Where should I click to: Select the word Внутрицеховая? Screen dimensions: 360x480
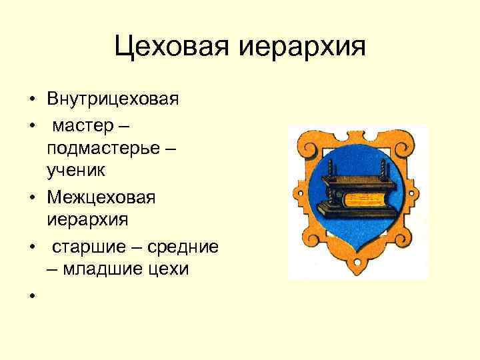(113, 100)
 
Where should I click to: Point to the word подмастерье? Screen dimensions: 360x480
(104, 149)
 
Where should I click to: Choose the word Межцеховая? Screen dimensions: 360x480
(101, 197)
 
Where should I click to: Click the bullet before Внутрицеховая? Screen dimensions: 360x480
(31, 101)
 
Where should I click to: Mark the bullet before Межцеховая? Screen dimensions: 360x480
(31, 198)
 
